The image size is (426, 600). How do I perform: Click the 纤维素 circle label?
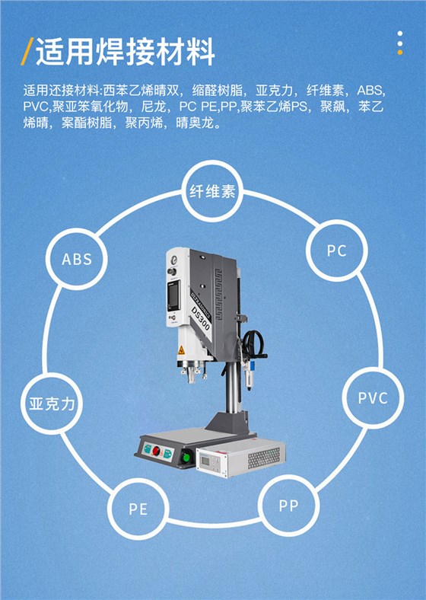pos(212,191)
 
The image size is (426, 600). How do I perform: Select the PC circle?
pos(336,251)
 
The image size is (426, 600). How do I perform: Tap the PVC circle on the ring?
pos(373,398)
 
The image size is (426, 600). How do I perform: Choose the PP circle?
pos(289,506)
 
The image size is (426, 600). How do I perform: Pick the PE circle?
pos(138,509)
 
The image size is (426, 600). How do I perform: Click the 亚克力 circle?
pos(52,404)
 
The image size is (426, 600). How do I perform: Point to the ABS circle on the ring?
pos(77,259)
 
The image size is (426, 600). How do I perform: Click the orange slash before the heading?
pos(27,51)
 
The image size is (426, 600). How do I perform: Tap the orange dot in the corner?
pos(400,52)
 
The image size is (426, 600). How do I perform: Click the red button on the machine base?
pos(156,452)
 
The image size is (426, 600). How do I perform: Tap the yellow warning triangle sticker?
pos(181,349)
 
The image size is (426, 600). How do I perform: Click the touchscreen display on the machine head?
pos(174,295)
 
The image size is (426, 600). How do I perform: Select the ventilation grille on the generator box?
pos(264,458)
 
